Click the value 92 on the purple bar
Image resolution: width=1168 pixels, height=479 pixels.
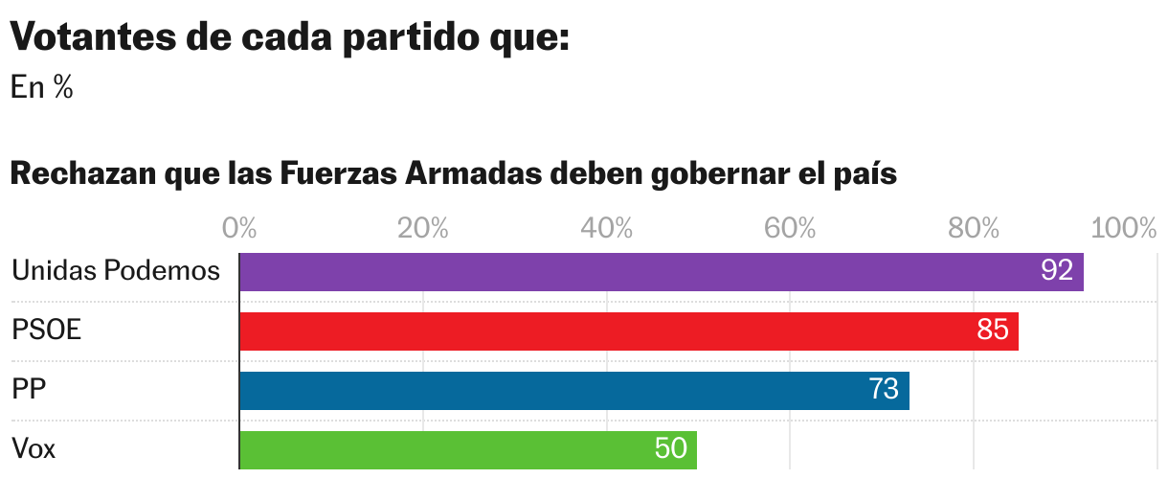point(1056,271)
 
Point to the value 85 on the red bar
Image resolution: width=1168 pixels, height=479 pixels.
point(993,331)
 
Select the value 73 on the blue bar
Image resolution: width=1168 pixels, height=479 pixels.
point(884,390)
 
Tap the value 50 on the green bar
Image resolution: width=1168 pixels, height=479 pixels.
point(671,448)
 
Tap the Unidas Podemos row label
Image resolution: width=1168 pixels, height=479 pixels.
point(116,271)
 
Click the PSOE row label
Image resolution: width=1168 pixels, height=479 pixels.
point(47,331)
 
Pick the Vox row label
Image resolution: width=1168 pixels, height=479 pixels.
point(34,448)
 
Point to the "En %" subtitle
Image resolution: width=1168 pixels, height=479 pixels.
point(42,88)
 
